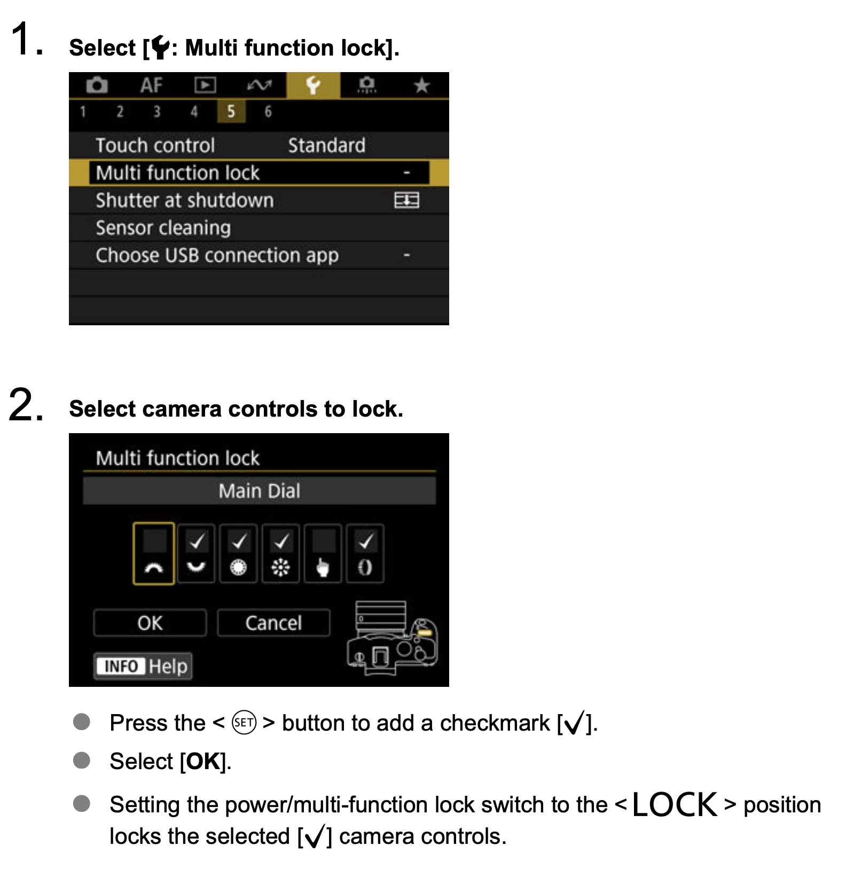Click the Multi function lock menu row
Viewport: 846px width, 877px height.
258,173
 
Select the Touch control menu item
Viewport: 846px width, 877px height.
155,145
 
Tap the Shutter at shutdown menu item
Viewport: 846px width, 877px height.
185,200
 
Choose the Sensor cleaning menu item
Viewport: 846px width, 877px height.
163,228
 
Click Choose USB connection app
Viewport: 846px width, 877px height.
217,255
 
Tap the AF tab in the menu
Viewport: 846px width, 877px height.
151,85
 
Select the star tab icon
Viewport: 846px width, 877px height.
421,85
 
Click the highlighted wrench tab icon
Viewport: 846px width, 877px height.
313,85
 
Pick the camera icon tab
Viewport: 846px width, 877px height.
97,85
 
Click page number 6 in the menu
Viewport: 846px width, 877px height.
268,112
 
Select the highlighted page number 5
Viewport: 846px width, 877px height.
231,112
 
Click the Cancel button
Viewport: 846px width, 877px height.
273,623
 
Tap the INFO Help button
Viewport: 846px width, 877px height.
143,666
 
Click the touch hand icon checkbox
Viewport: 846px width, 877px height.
323,554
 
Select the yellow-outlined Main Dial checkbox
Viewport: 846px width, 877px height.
154,554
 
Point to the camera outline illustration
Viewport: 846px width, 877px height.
393,638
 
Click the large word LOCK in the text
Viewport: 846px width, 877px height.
675,804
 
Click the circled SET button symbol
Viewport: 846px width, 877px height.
244,723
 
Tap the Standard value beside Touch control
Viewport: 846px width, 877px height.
327,145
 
